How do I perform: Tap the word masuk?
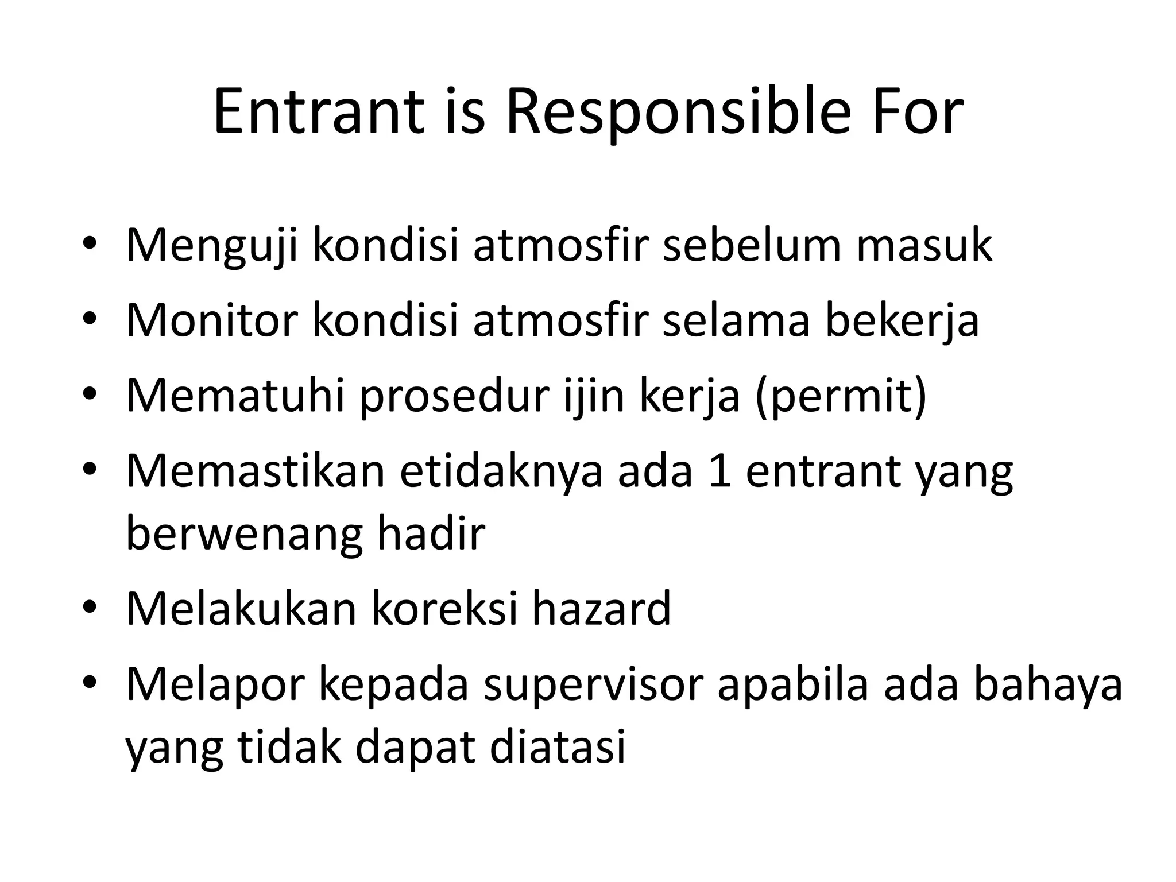tap(924, 245)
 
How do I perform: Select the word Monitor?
tap(212, 320)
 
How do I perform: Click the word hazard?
tap(601, 609)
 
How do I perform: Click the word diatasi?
tap(557, 748)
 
